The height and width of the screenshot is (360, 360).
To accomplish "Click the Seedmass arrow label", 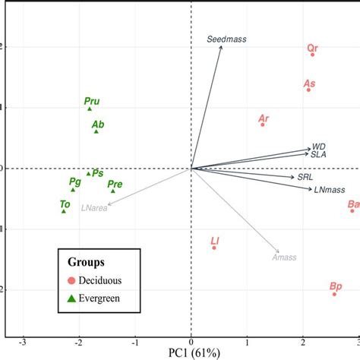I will [x=227, y=39].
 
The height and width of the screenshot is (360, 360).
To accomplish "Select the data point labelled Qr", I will [x=312, y=55].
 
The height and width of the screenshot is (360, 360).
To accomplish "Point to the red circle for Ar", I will [x=263, y=125].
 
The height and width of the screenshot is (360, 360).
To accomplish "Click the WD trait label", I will [x=319, y=146].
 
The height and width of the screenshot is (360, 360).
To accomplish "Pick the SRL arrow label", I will [x=305, y=176].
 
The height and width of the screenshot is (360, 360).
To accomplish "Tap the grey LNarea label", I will [x=94, y=207].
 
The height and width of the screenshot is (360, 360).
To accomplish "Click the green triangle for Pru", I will [x=90, y=109].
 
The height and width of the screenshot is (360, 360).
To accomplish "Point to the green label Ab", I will [x=97, y=124].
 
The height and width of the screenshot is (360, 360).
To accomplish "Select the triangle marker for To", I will [x=64, y=210].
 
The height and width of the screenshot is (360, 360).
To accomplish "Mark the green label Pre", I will [x=115, y=184].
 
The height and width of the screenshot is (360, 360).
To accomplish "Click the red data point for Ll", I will [x=214, y=248].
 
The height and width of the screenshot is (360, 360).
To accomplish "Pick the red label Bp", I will [x=336, y=286].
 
